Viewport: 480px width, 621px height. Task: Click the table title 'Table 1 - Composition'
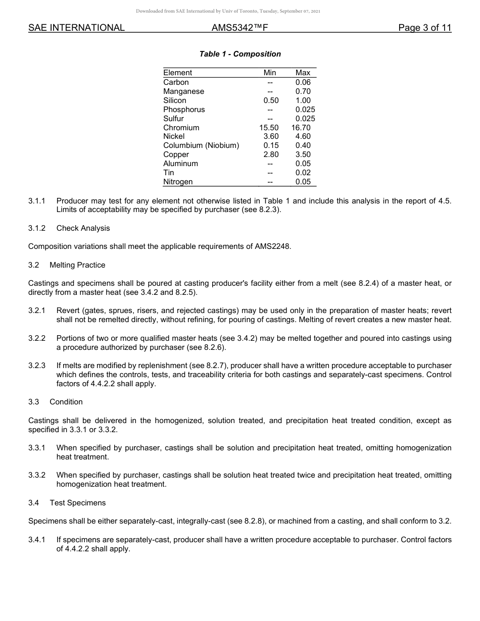pos(240,54)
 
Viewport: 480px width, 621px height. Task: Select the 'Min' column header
pos(270,73)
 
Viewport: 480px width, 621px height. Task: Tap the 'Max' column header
pos(303,73)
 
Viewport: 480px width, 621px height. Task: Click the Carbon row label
pos(176,82)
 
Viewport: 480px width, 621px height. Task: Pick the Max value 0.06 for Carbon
pos(303,82)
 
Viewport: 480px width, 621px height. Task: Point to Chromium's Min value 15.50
pos(269,128)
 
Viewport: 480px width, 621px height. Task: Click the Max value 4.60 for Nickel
pos(303,136)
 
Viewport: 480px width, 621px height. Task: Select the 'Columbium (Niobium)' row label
pos(201,145)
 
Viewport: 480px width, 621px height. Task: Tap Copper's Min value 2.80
pos(271,154)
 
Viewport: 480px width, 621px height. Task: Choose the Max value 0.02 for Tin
pos(303,173)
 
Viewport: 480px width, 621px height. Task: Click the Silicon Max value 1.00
pos(303,100)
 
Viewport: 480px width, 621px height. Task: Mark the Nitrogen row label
pos(178,182)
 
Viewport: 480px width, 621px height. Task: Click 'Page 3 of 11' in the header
pos(424,28)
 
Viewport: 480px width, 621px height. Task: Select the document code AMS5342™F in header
pos(239,28)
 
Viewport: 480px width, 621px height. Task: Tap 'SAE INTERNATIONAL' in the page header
pos(76,28)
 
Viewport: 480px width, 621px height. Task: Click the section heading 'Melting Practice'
pos(77,265)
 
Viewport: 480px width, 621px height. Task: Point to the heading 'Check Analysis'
pos(83,228)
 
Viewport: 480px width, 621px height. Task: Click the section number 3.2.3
pos(37,366)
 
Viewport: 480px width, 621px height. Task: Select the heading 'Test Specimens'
pos(77,503)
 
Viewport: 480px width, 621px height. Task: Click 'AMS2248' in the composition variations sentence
pos(271,246)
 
